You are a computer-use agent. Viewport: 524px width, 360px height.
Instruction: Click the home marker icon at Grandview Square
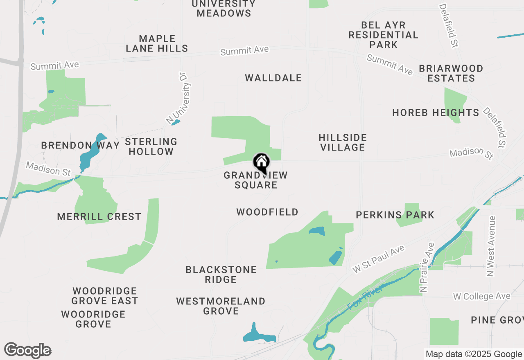pos(261,162)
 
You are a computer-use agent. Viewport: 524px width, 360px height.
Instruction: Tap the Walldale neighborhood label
pos(273,78)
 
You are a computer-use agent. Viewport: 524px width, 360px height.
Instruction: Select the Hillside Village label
pos(342,142)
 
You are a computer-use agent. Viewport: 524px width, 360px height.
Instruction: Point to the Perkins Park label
pos(395,215)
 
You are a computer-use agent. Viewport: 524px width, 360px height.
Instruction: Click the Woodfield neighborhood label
pos(267,212)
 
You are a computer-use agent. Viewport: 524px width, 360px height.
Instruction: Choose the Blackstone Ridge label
pos(221,274)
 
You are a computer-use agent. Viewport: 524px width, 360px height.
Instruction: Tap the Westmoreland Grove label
pos(221,306)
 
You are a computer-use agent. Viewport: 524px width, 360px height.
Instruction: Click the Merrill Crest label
pos(99,216)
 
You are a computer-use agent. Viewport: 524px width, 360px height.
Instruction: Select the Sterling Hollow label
pos(151,146)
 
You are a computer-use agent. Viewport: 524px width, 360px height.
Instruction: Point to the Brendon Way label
pos(80,145)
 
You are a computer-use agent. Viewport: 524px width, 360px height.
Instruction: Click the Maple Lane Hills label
pos(157,43)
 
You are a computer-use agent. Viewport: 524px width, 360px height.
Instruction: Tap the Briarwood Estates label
pos(451,73)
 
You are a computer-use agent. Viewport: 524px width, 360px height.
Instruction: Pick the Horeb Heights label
pos(436,112)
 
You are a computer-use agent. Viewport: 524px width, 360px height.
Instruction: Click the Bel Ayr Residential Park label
pos(383,35)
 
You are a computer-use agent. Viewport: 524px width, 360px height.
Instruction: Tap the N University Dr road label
pos(179,98)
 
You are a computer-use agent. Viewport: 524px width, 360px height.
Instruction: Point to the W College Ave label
pos(482,296)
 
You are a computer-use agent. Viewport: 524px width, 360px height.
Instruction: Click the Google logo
pos(28,351)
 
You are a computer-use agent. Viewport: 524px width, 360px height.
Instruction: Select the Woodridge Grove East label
pos(105,296)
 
